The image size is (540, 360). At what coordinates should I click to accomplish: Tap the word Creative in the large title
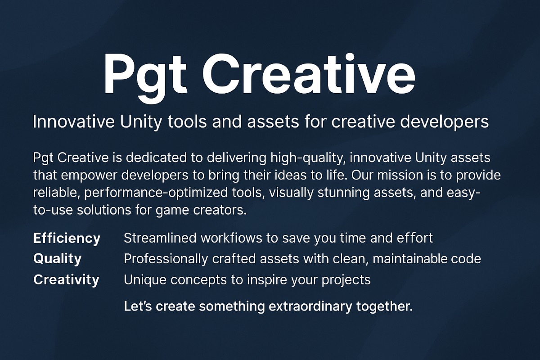point(309,73)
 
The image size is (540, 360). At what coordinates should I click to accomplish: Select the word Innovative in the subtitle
point(74,121)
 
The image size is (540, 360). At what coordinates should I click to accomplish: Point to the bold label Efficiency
point(67,238)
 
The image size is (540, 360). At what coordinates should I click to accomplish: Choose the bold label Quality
point(58,259)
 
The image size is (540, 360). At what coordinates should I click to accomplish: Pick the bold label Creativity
point(66,280)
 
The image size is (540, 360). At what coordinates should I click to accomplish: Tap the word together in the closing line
point(384,307)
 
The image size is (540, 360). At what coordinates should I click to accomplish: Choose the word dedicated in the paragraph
point(156,157)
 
